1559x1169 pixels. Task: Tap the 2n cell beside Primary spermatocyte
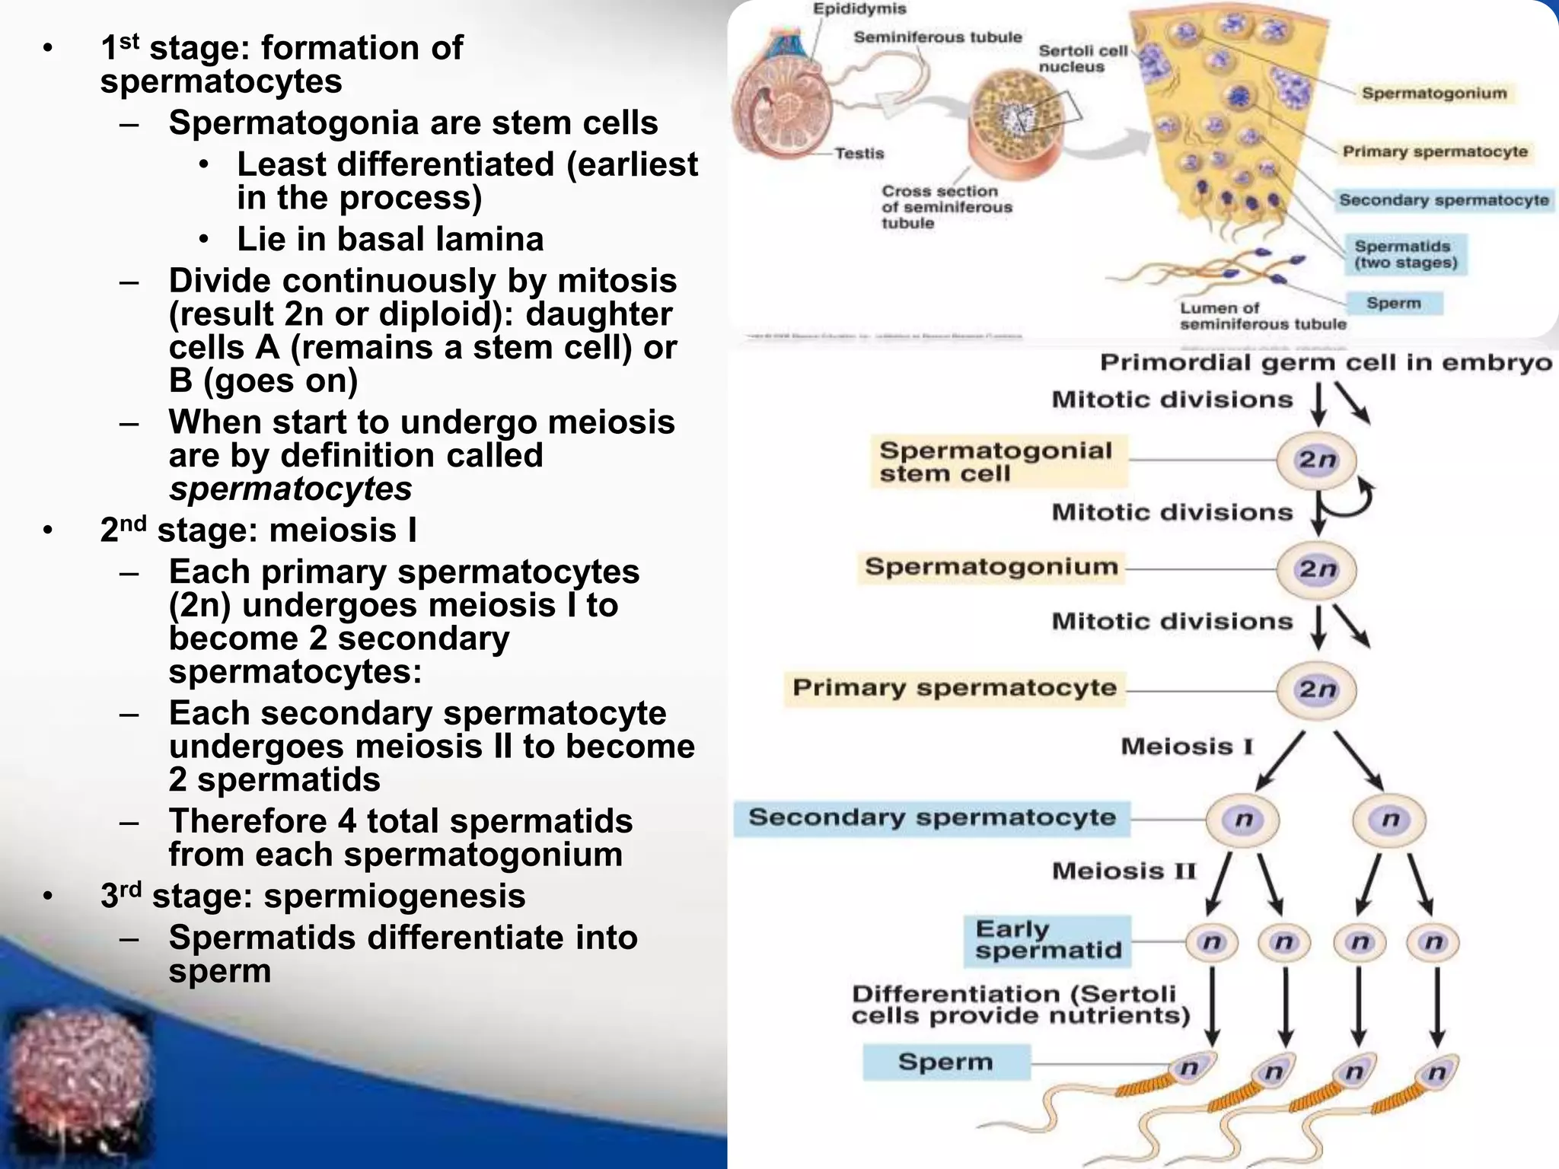(x=1316, y=690)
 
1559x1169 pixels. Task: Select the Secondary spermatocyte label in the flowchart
(x=932, y=817)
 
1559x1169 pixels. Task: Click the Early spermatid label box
(x=1047, y=941)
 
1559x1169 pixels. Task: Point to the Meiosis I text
(x=1186, y=747)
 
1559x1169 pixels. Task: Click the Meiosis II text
(x=1124, y=871)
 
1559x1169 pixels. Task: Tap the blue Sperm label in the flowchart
(x=945, y=1062)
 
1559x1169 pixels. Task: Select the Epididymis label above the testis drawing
(x=859, y=9)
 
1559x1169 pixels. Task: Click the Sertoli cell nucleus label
(x=1082, y=59)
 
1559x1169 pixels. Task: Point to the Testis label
(x=859, y=153)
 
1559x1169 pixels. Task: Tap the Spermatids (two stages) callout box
(x=1405, y=254)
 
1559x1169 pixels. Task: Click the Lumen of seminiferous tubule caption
(x=1261, y=316)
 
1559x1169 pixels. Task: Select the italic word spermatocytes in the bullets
(x=290, y=489)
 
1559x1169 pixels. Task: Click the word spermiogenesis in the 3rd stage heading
(x=394, y=896)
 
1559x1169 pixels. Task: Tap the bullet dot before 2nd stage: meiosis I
(x=49, y=531)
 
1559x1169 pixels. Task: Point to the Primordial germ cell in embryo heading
(x=1325, y=362)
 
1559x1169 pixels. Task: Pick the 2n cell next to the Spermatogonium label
(x=1316, y=569)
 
